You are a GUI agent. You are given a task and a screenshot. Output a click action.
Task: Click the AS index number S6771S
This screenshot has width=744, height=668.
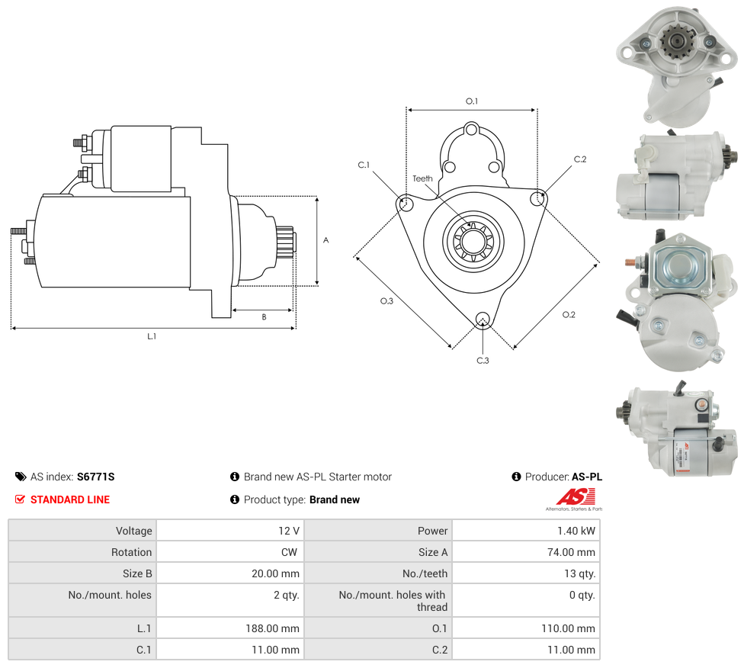[95, 477]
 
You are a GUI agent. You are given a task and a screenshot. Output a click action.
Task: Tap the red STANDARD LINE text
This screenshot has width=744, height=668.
[70, 499]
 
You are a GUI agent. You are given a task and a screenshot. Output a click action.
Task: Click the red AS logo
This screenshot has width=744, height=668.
[569, 496]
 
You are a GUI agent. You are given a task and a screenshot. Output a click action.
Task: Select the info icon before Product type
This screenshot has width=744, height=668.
[235, 499]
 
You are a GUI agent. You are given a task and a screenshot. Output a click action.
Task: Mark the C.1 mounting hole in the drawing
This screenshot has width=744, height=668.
[406, 204]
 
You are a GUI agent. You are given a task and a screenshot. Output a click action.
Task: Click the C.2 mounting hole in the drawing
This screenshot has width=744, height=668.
[537, 198]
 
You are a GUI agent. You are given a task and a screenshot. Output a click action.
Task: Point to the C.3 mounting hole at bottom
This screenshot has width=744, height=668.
[482, 319]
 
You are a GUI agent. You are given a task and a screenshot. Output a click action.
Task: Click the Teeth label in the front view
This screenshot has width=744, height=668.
[422, 178]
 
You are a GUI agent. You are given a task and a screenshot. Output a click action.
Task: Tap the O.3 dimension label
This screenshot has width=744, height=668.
[386, 301]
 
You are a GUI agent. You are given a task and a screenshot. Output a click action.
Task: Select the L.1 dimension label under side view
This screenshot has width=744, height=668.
[152, 336]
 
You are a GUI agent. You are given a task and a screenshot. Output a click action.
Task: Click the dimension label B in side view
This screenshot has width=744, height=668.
[264, 316]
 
